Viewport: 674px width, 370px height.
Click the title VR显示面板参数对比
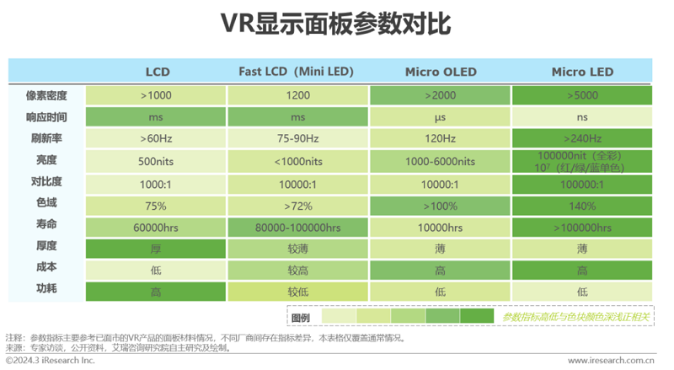(336, 24)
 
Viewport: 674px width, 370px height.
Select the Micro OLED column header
(440, 72)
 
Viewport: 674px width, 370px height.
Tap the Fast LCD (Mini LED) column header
(296, 72)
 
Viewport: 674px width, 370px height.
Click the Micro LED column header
(582, 72)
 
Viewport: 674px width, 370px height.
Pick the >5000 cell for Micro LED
(582, 95)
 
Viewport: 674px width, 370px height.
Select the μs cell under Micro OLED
(440, 117)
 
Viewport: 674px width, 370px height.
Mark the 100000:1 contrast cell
(582, 183)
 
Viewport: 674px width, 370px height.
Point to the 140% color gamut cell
(582, 205)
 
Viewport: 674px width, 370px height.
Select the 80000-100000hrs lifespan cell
(297, 227)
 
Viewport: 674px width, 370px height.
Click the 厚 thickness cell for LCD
(156, 248)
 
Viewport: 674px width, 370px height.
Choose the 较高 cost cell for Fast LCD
(297, 270)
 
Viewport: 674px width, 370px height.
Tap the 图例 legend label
(301, 317)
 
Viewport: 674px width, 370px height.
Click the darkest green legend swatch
(477, 317)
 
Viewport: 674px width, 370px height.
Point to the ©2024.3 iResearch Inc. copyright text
(51, 360)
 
